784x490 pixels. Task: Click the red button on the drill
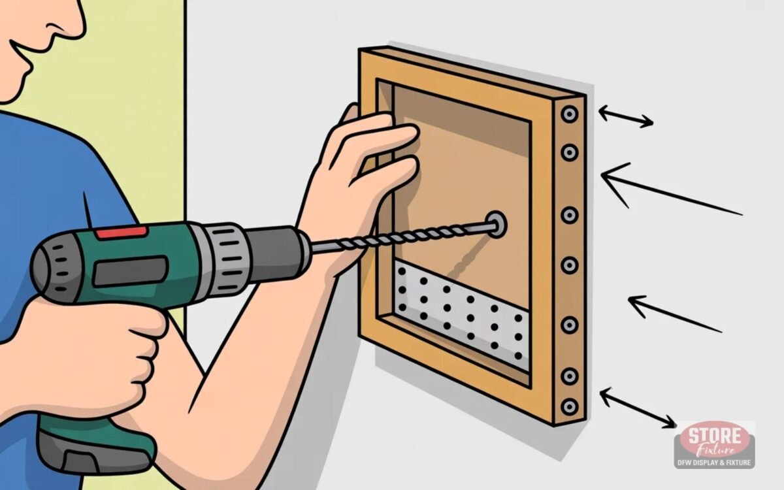pos(122,233)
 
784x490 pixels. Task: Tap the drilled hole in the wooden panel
pos(496,223)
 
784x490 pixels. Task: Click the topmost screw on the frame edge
pos(570,114)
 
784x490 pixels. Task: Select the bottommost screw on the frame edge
pos(570,407)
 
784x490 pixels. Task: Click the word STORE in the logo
pos(714,436)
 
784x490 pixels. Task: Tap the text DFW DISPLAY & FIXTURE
pos(714,463)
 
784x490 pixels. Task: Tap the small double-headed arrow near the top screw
pos(626,117)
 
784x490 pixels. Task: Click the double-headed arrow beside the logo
pos(638,408)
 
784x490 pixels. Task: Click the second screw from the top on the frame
pos(570,153)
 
